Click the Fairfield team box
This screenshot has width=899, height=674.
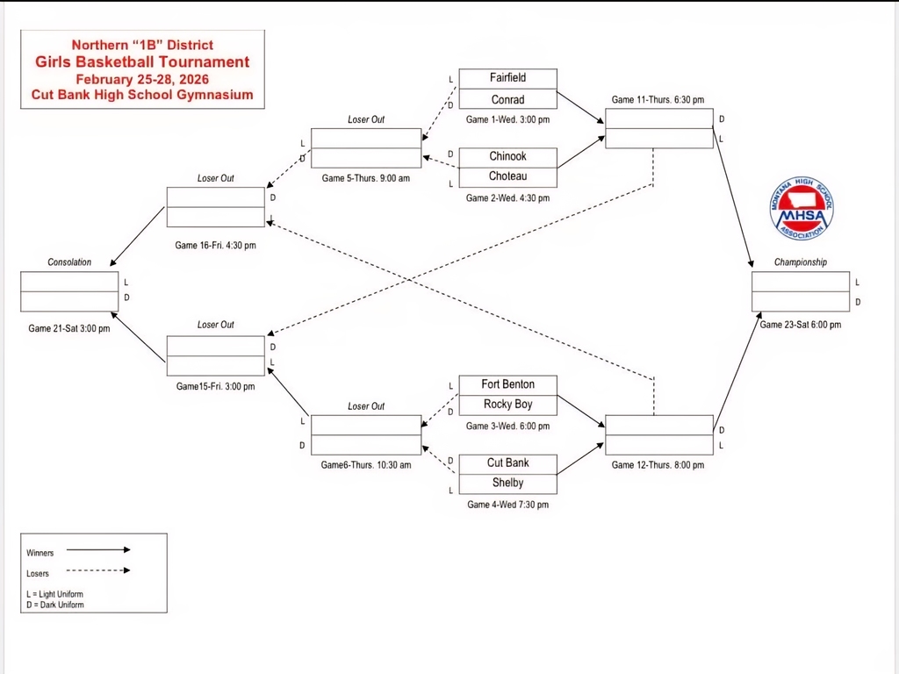(507, 78)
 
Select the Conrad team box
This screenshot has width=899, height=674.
(507, 99)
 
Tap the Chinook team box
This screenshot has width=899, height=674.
(507, 156)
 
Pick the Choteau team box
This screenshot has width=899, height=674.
(507, 176)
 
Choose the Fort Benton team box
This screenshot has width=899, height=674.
(507, 384)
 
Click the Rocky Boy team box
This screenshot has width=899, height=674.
(507, 405)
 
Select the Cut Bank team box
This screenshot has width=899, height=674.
(507, 462)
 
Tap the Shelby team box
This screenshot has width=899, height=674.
(507, 483)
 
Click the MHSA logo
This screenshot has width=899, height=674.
(802, 208)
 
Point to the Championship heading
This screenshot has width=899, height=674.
(800, 262)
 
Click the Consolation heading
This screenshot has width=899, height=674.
(69, 262)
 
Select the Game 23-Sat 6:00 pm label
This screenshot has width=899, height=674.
(800, 325)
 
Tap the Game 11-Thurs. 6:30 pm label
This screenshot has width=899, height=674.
(658, 100)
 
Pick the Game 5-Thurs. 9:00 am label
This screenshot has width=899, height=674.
(365, 178)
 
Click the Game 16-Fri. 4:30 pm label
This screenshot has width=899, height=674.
(215, 246)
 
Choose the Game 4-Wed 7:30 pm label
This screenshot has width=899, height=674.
(507, 505)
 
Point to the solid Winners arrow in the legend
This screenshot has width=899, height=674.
(98, 550)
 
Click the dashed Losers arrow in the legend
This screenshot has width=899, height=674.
(98, 570)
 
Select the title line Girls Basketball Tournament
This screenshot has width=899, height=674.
(142, 61)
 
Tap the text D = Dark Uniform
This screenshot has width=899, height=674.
(55, 605)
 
